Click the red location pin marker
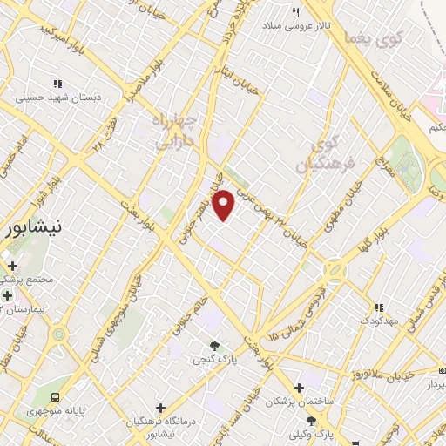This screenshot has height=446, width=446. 224,205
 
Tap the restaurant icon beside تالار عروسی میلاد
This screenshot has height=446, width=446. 296,13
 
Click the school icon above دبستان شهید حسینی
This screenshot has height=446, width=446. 57,84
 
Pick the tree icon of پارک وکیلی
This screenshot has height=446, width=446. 311,421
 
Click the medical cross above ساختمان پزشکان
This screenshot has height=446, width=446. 300,388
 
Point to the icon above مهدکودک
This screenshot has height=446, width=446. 378,307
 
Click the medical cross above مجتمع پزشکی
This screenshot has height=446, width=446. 12,266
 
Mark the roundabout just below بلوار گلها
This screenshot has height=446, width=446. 334,269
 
